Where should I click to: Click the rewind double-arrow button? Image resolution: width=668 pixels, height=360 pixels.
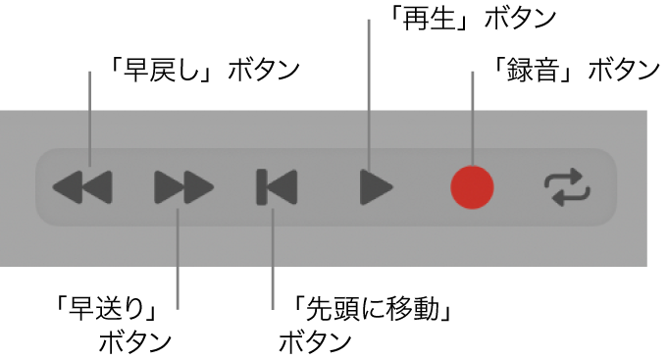pos(82,185)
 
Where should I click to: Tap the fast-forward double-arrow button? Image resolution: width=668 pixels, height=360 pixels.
pos(183,185)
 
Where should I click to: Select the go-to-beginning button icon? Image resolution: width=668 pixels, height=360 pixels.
pos(276,185)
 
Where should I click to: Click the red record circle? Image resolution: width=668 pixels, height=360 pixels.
pos(472,185)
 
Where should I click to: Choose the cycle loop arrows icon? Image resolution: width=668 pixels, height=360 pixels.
pos(570,185)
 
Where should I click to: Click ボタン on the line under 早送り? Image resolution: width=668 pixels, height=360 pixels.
pos(135,342)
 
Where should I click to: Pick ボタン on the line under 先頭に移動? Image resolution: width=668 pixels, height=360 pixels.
pos(315,342)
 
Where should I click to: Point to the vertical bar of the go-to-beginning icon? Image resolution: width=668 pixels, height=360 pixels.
pos(261,185)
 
